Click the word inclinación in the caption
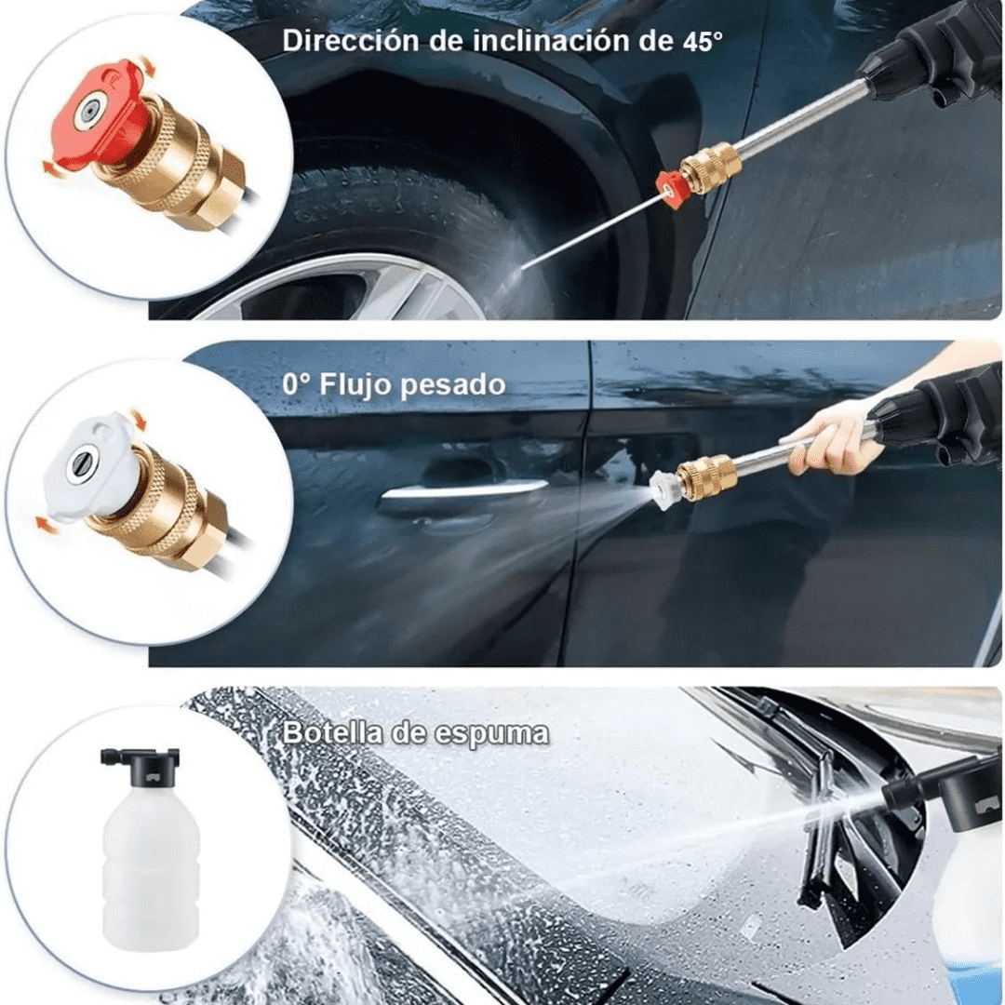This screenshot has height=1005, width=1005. coord(551,40)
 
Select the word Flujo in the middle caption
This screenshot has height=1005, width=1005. coord(355,385)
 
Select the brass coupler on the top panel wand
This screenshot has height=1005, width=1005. coord(712,167)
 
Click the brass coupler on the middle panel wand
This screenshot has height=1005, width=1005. coord(707,476)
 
